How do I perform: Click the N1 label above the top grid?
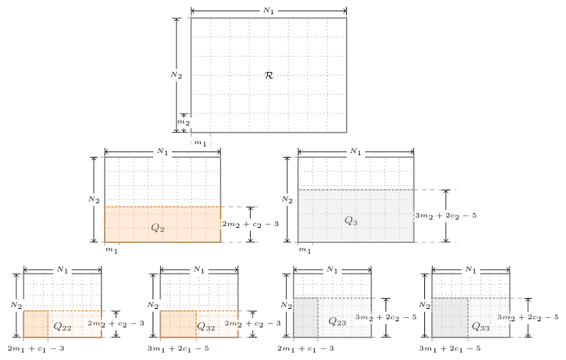(x=270, y=11)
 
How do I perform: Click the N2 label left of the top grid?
(x=176, y=75)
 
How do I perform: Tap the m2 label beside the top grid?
(x=184, y=122)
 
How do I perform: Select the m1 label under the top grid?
(x=201, y=143)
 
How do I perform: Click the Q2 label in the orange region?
(x=157, y=227)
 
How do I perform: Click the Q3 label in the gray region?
(x=351, y=220)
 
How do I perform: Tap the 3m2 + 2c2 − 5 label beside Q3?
(x=446, y=215)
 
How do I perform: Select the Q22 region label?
(x=62, y=327)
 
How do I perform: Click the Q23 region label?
(x=337, y=321)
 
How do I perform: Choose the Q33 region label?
(x=480, y=326)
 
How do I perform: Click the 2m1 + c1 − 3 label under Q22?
(x=36, y=348)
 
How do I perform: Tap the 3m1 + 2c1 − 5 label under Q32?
(x=178, y=348)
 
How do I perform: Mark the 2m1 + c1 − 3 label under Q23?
(x=306, y=348)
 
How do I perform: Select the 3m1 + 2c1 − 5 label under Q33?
(x=450, y=348)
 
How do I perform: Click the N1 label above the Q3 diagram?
(x=355, y=151)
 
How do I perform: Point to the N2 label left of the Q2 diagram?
(x=94, y=199)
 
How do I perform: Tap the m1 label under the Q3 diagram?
(x=305, y=250)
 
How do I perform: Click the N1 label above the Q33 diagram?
(x=470, y=269)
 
